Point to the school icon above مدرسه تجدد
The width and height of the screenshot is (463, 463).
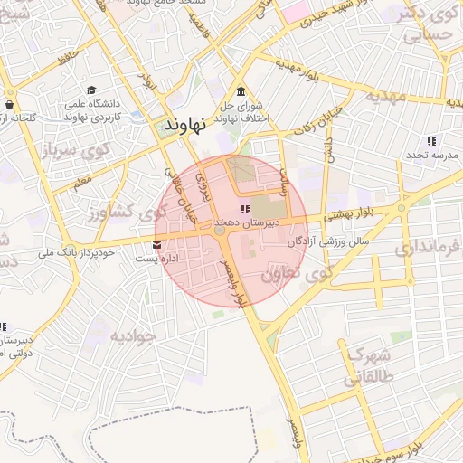coord(431,141)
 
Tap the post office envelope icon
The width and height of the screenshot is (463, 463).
coord(157,245)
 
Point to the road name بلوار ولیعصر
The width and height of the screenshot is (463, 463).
coord(231,279)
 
